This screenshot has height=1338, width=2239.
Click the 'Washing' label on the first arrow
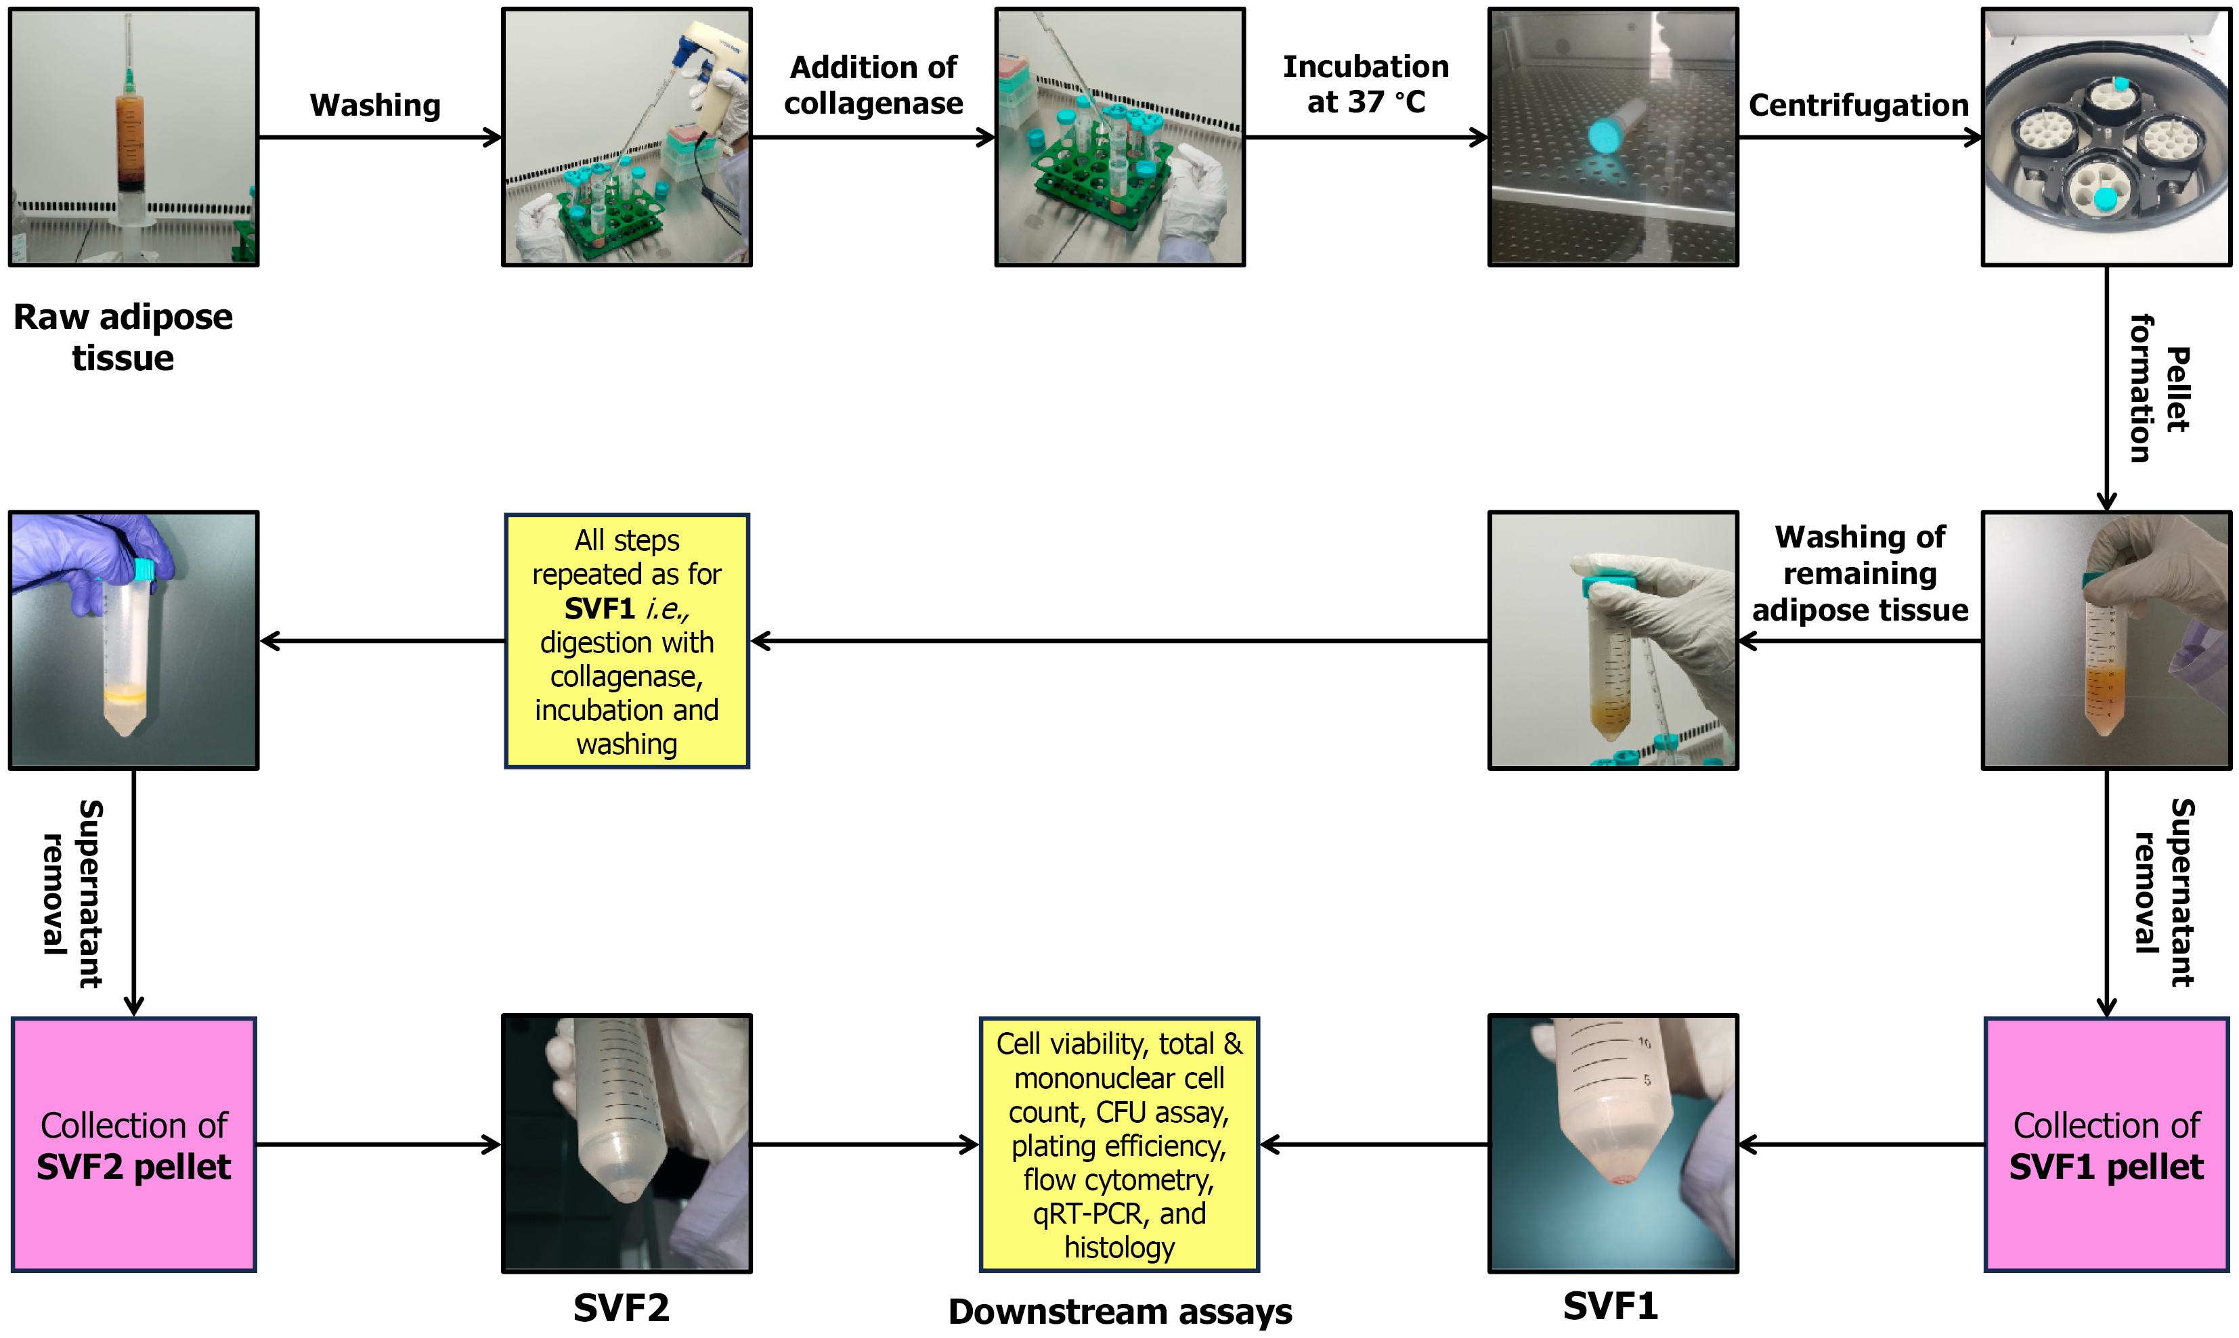(x=375, y=106)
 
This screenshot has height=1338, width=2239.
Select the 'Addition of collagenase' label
(x=873, y=86)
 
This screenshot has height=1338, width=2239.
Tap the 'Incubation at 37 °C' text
(x=1365, y=85)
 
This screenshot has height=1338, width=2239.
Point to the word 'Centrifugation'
(x=1858, y=106)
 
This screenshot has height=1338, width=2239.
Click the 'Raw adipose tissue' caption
(x=123, y=337)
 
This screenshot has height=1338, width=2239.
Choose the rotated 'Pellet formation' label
(x=2158, y=388)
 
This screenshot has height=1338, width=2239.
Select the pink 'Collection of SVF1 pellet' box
(x=2106, y=1144)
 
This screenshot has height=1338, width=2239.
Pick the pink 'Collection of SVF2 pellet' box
(x=133, y=1144)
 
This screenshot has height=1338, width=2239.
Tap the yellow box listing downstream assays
(x=1118, y=1144)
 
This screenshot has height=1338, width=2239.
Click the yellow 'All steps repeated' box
(x=627, y=641)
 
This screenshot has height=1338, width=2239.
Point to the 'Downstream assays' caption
(x=1119, y=1311)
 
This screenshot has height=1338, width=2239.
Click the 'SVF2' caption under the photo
(x=622, y=1308)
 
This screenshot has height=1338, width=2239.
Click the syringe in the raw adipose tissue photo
(x=129, y=135)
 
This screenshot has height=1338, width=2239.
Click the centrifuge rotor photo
(x=2106, y=137)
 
